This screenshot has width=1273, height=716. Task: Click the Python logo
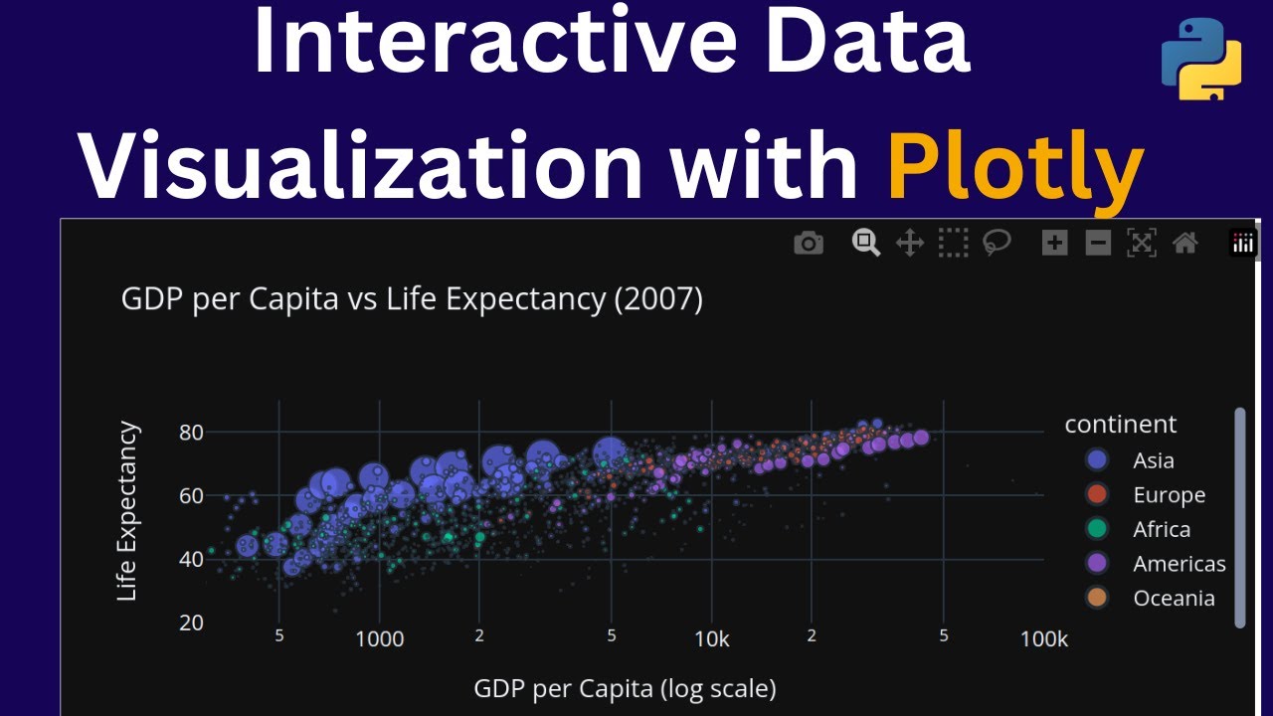point(1201,59)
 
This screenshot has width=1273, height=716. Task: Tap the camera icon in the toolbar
point(809,243)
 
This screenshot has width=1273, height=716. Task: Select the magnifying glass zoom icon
point(865,243)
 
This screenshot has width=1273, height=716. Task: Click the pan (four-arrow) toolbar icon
point(910,243)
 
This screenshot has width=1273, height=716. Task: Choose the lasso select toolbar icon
point(997,243)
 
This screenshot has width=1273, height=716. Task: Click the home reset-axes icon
point(1184,243)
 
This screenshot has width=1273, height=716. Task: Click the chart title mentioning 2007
point(412,298)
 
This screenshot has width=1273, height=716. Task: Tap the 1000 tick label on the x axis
point(379,639)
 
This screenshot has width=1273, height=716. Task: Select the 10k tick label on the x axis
point(711,639)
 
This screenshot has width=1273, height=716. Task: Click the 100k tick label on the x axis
point(1043,639)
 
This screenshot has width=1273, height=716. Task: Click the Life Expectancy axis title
point(127,512)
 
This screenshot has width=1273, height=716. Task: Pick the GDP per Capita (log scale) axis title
point(625,688)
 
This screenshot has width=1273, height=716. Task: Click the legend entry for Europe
point(1168,495)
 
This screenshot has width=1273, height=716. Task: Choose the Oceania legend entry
point(1173,598)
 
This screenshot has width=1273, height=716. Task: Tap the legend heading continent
point(1121,425)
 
